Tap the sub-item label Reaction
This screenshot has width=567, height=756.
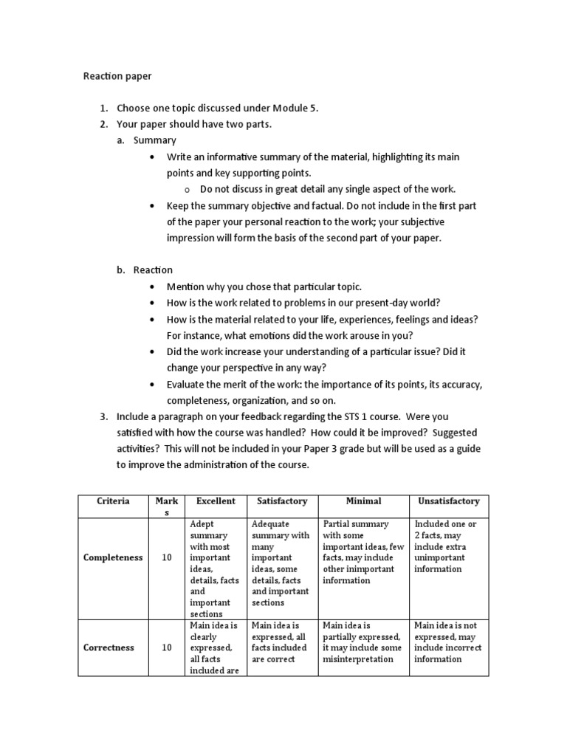[153, 269]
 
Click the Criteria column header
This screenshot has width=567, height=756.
[113, 501]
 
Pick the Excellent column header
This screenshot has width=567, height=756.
[216, 501]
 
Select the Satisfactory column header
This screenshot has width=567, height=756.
[281, 501]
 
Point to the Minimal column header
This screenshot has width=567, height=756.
[363, 501]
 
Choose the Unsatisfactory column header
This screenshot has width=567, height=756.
[448, 501]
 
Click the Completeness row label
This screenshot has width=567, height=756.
[113, 557]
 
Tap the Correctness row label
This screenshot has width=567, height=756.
[109, 647]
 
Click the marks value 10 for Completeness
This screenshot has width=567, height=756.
[167, 557]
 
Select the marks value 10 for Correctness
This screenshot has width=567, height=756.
[167, 647]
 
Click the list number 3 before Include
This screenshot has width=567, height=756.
[103, 416]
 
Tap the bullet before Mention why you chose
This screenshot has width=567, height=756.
[152, 286]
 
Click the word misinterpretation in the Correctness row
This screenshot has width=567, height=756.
[358, 659]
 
